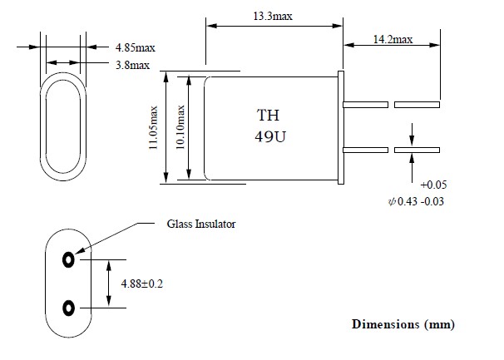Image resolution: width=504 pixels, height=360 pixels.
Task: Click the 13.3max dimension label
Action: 272,15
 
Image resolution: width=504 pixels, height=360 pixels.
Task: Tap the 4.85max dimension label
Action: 124,47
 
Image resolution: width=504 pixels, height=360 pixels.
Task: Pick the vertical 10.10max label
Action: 179,126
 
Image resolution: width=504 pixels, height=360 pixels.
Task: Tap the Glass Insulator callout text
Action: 201,224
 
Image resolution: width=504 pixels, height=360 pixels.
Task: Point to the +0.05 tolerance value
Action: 436,185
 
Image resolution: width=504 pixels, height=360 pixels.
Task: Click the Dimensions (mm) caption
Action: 403,323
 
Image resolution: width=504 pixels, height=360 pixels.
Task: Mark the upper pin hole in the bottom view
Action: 67,259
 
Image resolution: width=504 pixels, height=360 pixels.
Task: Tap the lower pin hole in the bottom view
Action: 67,308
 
